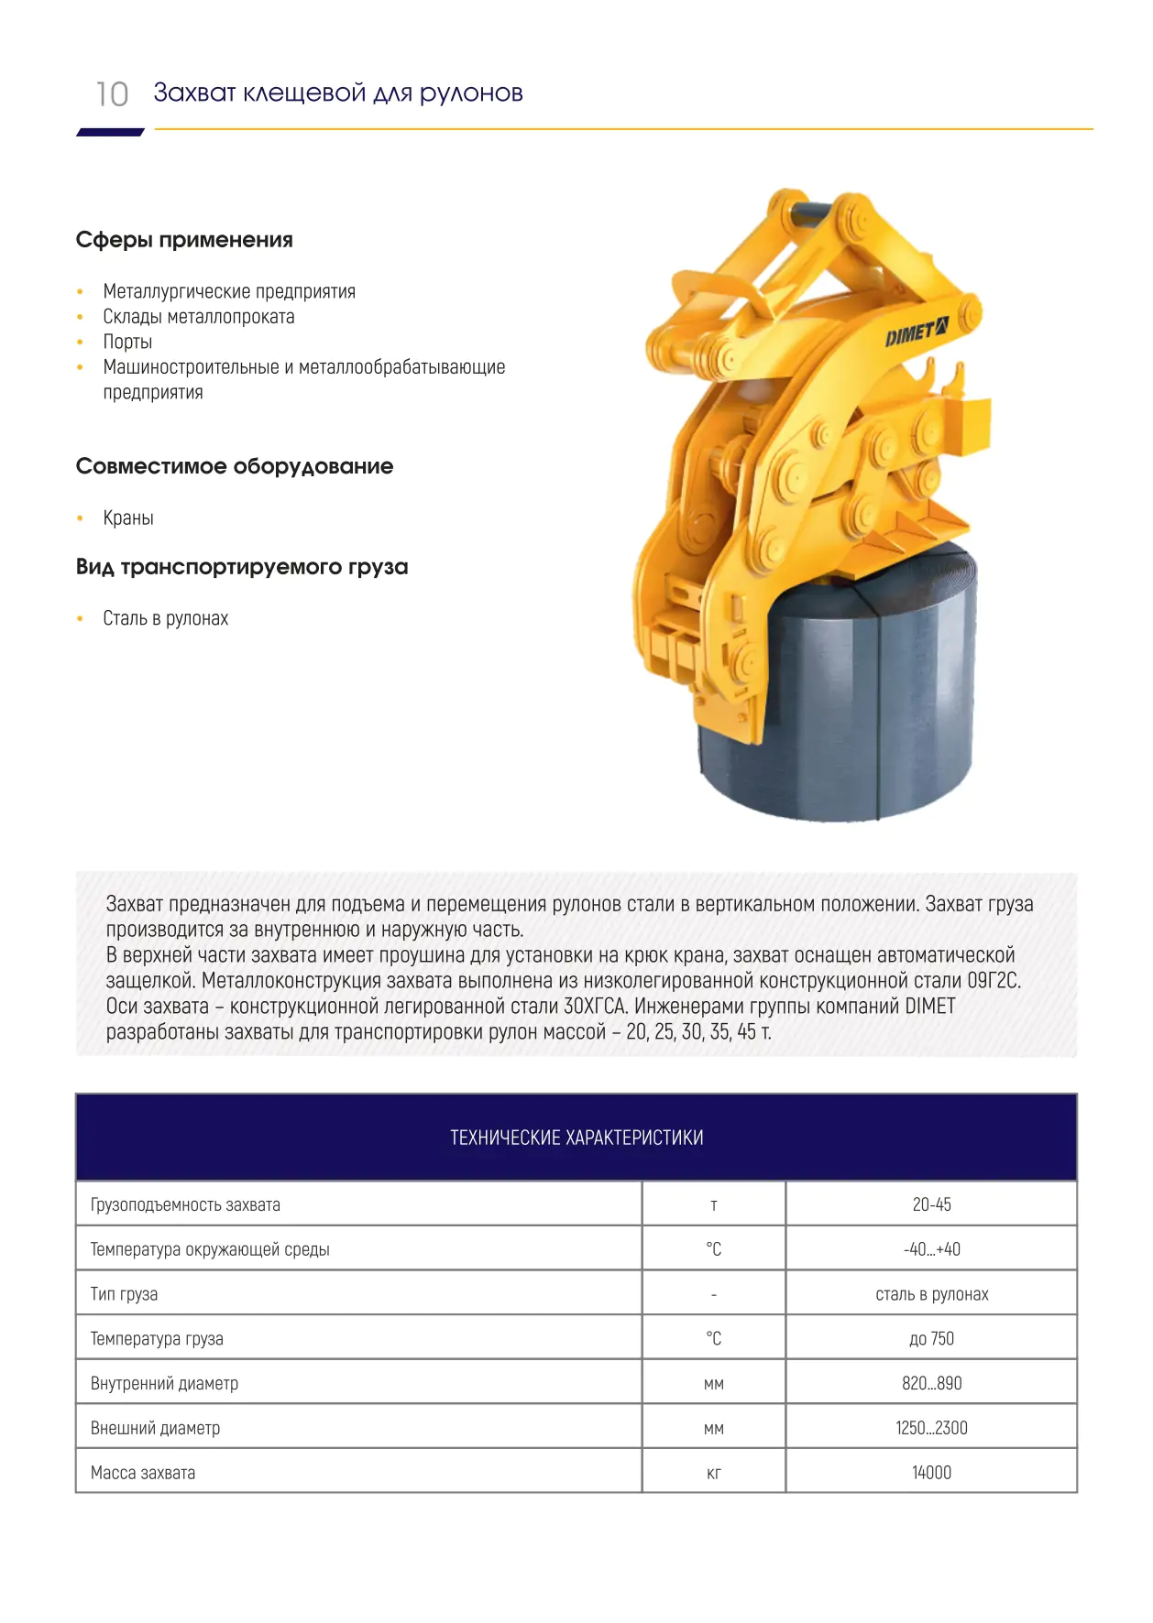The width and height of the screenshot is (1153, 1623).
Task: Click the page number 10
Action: [112, 94]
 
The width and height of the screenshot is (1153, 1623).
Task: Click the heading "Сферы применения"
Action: [184, 240]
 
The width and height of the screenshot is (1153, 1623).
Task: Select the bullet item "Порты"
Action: [127, 342]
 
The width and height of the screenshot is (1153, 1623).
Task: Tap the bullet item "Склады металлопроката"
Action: [199, 317]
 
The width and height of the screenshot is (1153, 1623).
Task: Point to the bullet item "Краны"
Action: [128, 517]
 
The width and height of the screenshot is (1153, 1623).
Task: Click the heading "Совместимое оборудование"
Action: [235, 466]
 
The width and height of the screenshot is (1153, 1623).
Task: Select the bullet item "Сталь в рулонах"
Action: [165, 618]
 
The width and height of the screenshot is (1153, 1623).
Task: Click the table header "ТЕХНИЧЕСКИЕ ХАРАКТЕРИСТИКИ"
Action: [576, 1138]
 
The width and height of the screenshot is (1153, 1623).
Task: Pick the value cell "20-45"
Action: [931, 1204]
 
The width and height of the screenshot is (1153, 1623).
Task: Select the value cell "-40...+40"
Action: [931, 1249]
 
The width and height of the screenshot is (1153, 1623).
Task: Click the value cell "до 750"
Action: [931, 1339]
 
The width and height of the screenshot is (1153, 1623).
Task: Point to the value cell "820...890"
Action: [931, 1383]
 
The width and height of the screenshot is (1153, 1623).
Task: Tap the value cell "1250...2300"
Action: [931, 1428]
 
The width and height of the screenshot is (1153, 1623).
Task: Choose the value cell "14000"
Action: [931, 1473]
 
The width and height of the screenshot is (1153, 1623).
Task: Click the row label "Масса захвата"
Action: [143, 1473]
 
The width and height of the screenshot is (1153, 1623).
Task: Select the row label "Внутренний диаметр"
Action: [164, 1383]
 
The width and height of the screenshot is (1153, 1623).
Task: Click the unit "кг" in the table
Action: [713, 1473]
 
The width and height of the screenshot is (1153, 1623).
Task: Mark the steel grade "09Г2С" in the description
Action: [994, 981]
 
